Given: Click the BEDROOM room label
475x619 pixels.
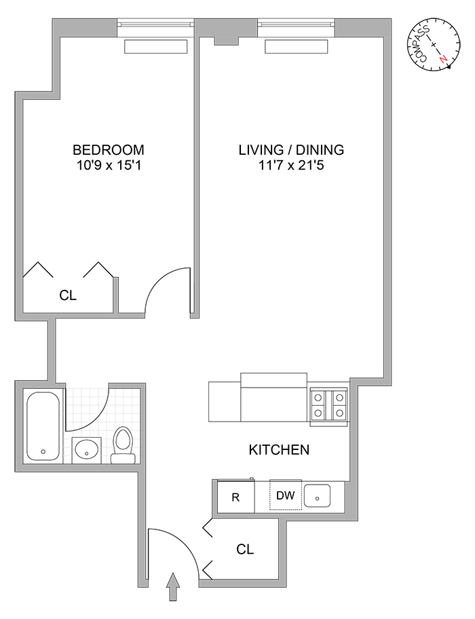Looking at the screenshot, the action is (109, 150).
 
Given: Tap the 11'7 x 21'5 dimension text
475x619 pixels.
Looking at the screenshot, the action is (291, 165).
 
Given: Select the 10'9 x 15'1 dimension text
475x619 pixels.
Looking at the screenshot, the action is (109, 165).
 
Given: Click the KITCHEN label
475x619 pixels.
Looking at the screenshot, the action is (279, 449).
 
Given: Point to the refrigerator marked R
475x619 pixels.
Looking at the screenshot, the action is (235, 496).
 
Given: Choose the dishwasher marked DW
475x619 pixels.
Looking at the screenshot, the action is (286, 495).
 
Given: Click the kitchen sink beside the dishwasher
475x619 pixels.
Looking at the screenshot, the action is (318, 496).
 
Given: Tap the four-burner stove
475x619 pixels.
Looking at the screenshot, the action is (329, 405).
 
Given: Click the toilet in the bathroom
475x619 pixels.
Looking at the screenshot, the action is (123, 445).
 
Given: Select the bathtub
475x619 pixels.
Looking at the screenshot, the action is (43, 426).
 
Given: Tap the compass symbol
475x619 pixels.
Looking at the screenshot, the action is (434, 45).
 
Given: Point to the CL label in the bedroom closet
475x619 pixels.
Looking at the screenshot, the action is (67, 295).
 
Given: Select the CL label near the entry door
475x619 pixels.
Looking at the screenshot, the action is (245, 549).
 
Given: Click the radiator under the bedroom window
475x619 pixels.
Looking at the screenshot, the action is (155, 46).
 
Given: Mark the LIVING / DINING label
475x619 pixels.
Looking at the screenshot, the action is (291, 150).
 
